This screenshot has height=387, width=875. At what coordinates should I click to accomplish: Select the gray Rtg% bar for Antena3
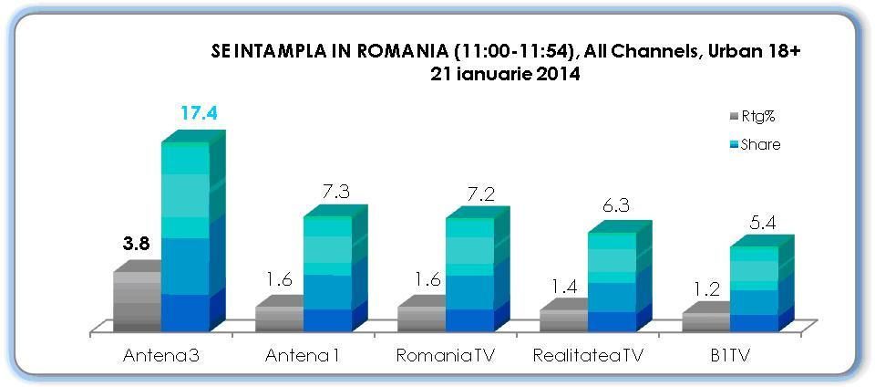[137, 301]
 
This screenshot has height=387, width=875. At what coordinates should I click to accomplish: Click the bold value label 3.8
[137, 245]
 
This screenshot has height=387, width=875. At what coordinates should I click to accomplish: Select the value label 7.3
[335, 192]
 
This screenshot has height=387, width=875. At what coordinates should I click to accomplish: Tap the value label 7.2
[477, 193]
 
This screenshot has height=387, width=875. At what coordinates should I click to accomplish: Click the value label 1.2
[706, 291]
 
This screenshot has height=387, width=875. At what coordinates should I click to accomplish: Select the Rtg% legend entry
[752, 118]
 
